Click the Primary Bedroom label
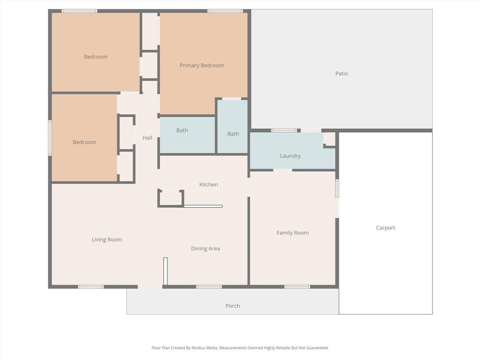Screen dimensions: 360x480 202,66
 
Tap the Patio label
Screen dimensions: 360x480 341,74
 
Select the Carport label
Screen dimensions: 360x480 385,228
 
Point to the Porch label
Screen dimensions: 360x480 232,306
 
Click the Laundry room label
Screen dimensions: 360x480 290,156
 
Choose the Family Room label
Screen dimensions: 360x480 292,233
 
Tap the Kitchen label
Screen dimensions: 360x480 209,185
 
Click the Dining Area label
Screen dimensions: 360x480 205,249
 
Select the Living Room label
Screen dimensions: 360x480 107,240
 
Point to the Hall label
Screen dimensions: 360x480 147,138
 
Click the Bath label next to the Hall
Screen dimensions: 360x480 182,130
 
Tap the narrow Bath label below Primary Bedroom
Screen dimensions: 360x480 233,134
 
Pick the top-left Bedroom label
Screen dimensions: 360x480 96,57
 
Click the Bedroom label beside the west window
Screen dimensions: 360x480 84,142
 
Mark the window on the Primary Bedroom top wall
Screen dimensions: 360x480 225,11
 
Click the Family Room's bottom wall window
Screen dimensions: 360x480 297,286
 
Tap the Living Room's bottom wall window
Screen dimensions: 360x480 91,286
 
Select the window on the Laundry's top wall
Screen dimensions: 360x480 284,130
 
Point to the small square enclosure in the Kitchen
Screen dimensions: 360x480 171,198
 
